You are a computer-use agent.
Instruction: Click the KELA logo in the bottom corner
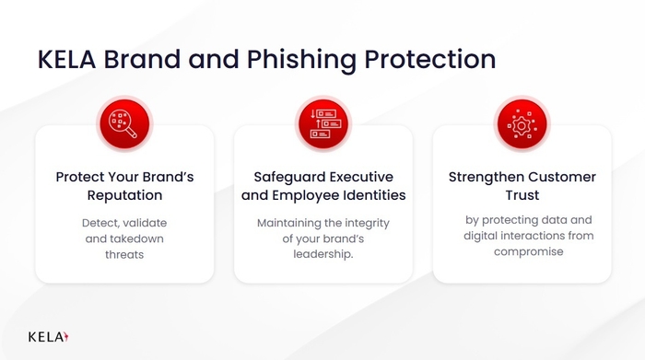(x=48, y=336)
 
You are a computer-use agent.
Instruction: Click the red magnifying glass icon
(x=124, y=123)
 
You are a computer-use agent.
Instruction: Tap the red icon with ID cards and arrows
(x=322, y=123)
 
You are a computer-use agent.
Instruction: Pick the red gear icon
(x=522, y=123)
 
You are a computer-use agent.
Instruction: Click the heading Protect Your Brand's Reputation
(x=124, y=186)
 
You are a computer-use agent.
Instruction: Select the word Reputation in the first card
(x=124, y=195)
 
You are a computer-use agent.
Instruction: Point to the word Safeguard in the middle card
(x=288, y=177)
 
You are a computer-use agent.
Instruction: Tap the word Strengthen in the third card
(x=486, y=177)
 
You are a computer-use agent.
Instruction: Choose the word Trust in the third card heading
(x=522, y=195)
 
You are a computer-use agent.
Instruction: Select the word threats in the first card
(x=124, y=254)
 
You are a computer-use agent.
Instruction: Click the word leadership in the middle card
(x=322, y=254)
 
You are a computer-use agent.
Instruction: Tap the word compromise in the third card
(x=522, y=251)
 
